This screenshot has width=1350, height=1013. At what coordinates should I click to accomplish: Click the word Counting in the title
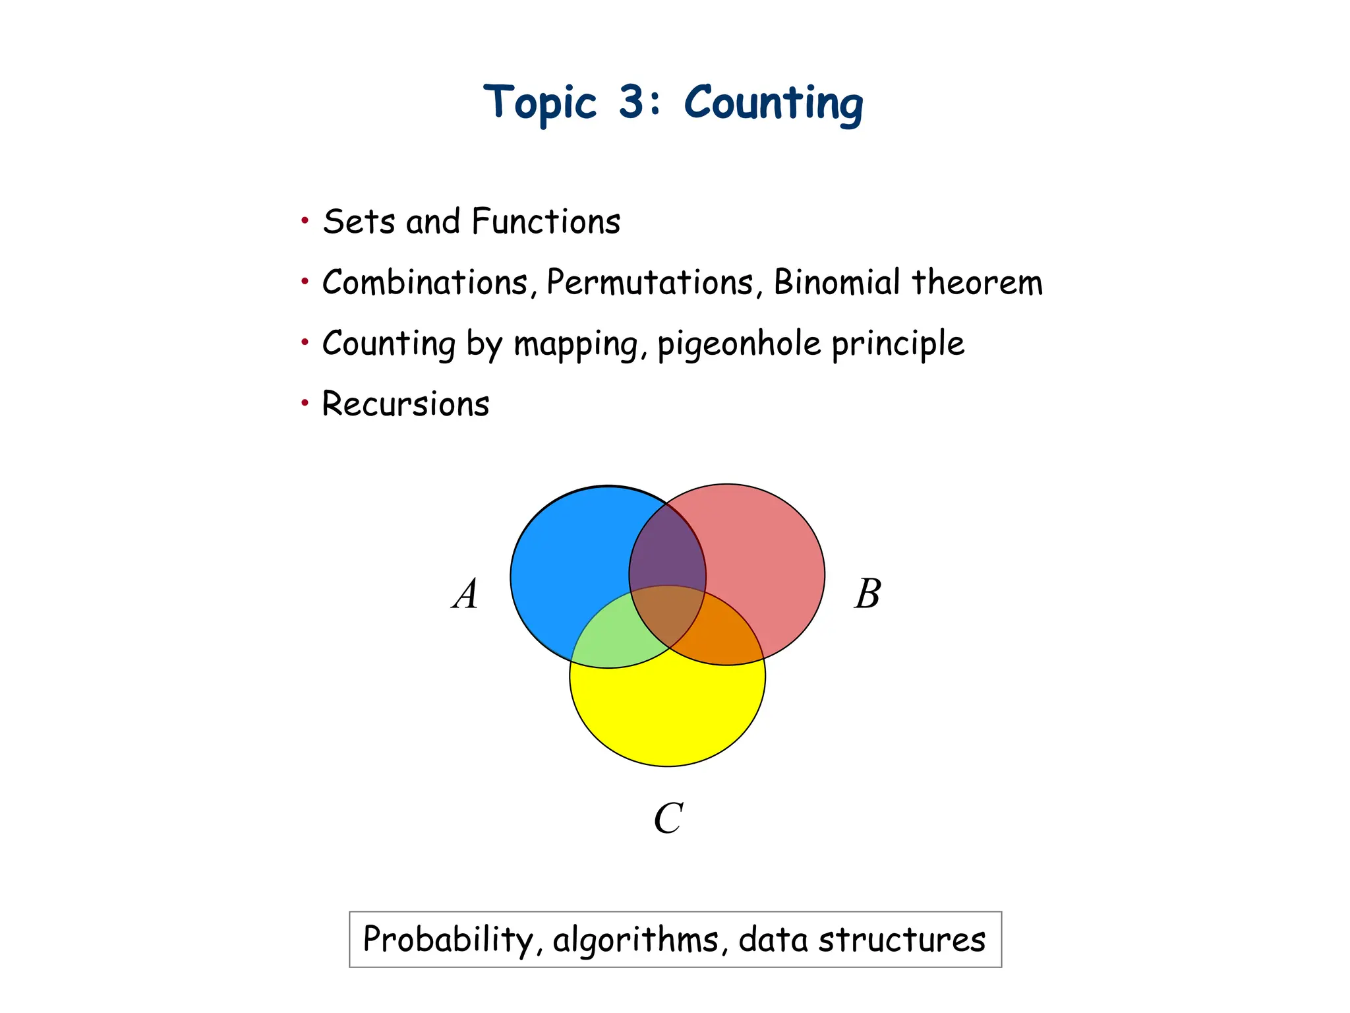(x=773, y=104)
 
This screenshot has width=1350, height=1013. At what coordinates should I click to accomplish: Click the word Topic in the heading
(x=540, y=104)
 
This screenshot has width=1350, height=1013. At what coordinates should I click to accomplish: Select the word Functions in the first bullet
(x=546, y=222)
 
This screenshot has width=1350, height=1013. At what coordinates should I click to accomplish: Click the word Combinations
(x=425, y=283)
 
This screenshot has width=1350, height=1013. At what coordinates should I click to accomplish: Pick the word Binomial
(x=837, y=282)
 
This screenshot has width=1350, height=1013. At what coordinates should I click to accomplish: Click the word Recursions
(x=405, y=404)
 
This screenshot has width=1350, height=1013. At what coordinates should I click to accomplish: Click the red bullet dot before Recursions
(x=305, y=402)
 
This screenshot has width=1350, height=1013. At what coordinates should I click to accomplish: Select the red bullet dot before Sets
(x=305, y=220)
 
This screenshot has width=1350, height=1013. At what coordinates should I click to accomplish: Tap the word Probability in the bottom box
(x=448, y=939)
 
